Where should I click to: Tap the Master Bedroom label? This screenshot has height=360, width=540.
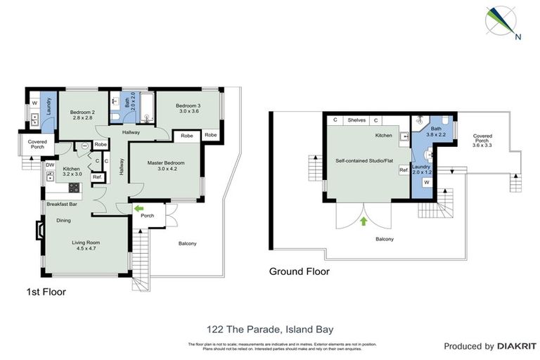point(165,166)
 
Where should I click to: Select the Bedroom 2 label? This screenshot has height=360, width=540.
point(82,115)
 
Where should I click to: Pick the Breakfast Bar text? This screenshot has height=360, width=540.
point(62,204)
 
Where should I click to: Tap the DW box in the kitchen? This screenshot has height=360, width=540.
point(51,166)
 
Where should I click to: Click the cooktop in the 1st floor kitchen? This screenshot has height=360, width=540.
point(74,187)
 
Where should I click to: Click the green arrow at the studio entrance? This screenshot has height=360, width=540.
point(364,221)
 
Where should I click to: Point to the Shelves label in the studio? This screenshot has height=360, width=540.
point(356,120)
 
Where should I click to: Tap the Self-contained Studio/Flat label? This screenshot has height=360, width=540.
point(364,161)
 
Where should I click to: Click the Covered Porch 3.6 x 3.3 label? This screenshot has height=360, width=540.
point(482,140)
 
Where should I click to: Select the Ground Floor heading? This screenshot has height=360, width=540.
point(300,271)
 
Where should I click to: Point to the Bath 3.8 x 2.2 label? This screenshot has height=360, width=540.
point(436,132)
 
